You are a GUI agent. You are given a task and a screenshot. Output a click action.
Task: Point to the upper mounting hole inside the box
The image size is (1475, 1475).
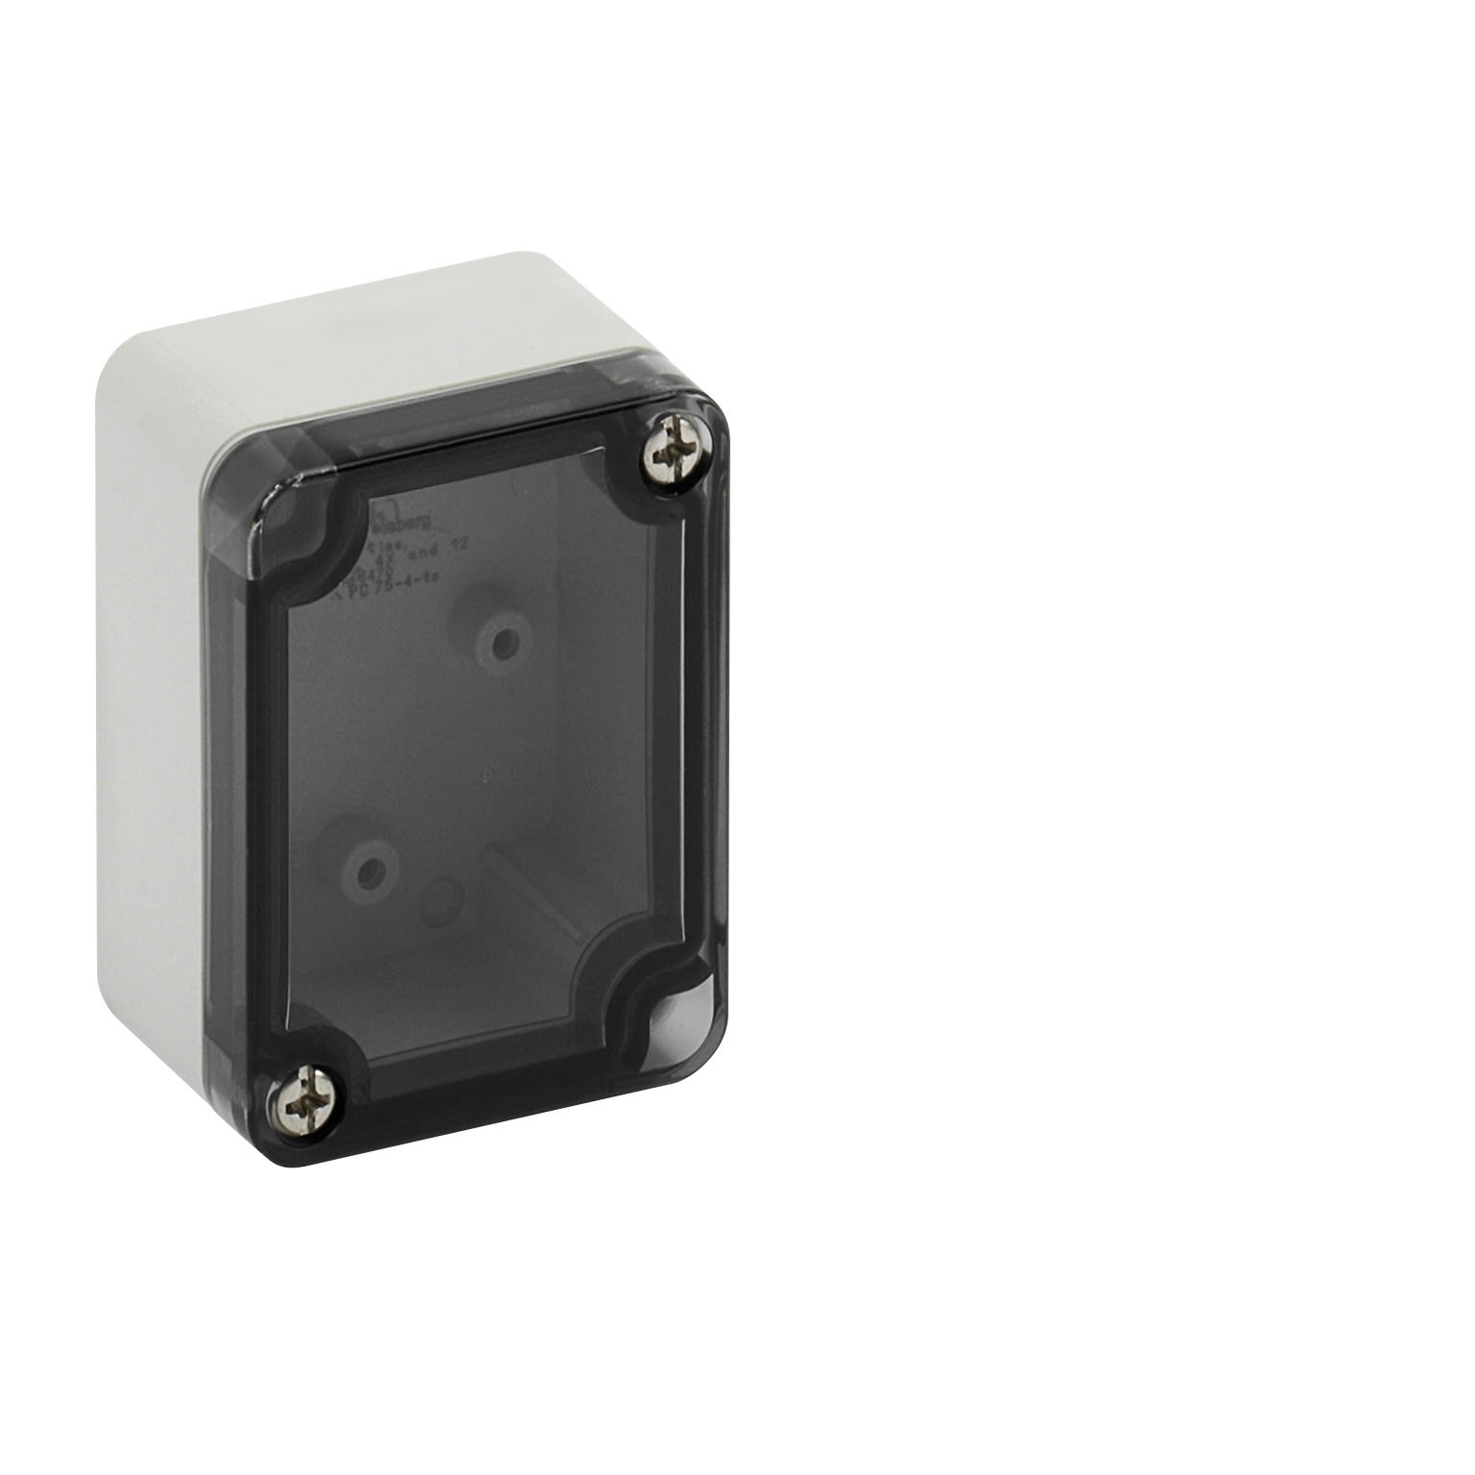[x=503, y=641]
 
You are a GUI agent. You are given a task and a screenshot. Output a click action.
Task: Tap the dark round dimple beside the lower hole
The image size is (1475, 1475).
[x=442, y=898]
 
